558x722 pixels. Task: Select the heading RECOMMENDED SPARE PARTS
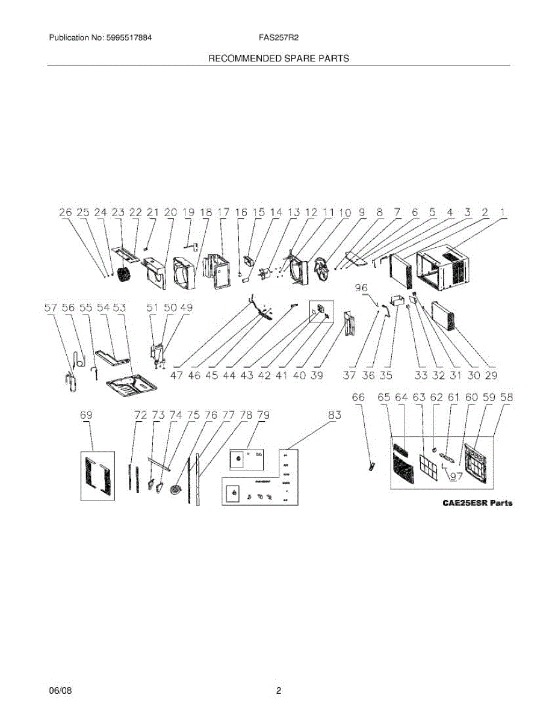tap(279, 58)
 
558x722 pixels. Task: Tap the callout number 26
tap(66, 212)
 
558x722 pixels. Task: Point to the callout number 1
tap(503, 212)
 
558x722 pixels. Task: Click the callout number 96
tap(361, 288)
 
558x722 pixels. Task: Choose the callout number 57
tap(52, 307)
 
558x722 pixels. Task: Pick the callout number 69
tap(87, 415)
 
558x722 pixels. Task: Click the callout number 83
tap(334, 415)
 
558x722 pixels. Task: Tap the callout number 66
tap(359, 398)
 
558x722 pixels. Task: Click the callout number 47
tap(177, 375)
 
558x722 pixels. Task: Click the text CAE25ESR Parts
tap(474, 502)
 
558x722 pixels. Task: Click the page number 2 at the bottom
tap(279, 691)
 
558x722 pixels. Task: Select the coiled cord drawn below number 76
tap(176, 489)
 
